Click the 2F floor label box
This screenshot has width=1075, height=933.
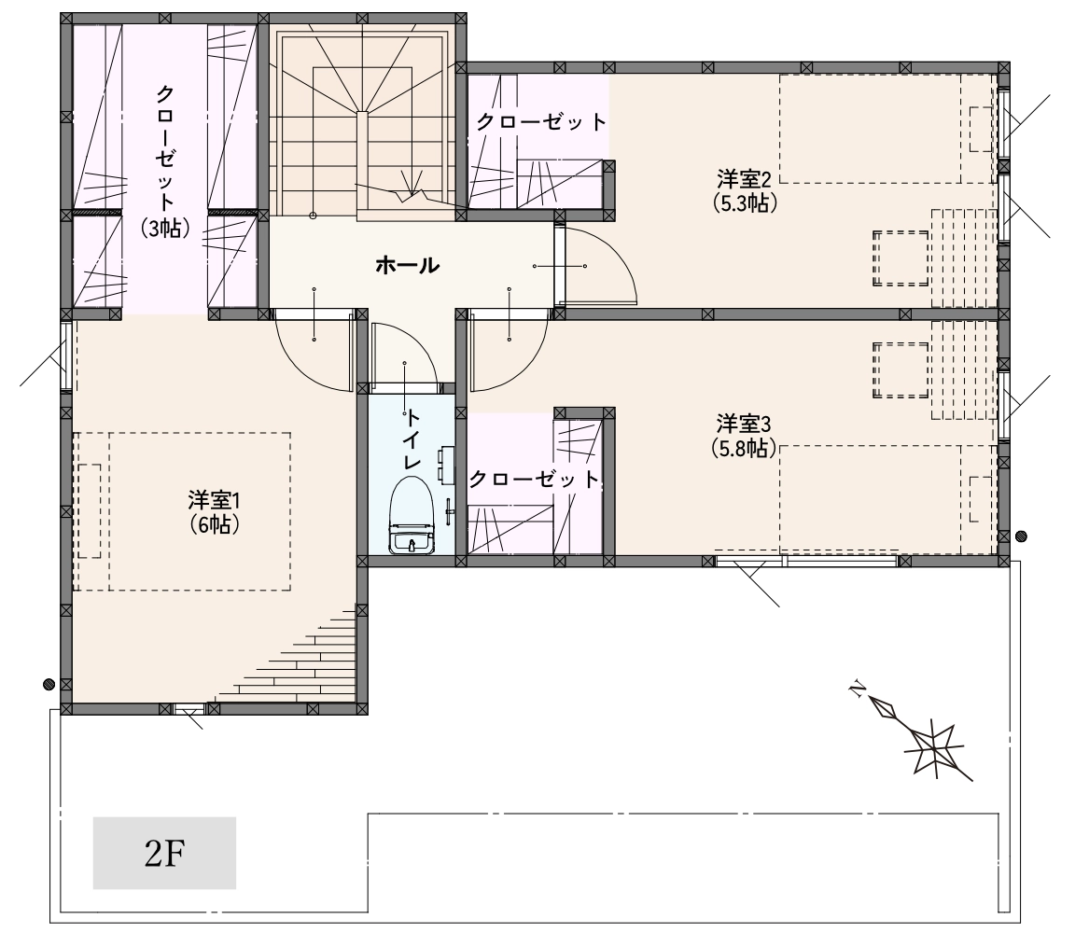(164, 853)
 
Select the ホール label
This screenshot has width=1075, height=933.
(407, 265)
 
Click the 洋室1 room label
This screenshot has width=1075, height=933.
(214, 500)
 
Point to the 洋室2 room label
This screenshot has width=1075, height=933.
(745, 180)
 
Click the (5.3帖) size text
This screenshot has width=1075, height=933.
(745, 203)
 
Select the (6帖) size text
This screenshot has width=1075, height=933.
(214, 524)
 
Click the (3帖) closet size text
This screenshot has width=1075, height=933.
(164, 227)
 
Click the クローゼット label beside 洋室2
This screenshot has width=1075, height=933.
(541, 122)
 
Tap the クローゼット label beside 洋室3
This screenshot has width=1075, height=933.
(535, 479)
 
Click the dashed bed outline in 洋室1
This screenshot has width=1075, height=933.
(182, 511)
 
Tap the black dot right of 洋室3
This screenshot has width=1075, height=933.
(1021, 536)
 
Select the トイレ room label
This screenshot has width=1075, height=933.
(412, 439)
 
